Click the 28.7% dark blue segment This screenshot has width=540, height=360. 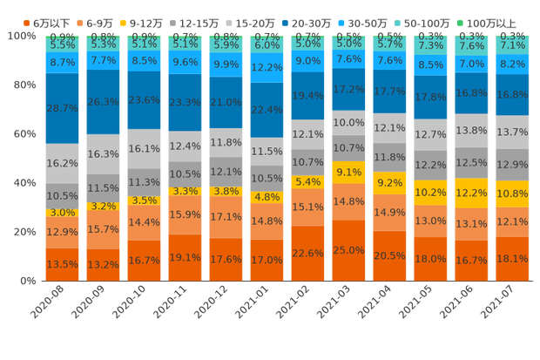click(x=62, y=106)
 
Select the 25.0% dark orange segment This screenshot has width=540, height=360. click(x=348, y=250)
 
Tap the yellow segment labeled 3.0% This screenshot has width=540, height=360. click(x=62, y=213)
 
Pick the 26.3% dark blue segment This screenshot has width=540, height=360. click(x=104, y=101)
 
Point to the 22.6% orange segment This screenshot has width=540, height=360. click(x=307, y=253)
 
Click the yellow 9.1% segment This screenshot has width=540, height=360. click(x=348, y=172)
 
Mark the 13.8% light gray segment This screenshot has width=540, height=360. click(x=471, y=130)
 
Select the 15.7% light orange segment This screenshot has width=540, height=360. click(x=104, y=230)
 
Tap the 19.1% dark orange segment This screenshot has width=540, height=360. click(x=185, y=258)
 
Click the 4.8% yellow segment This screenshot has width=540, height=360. click(x=267, y=197)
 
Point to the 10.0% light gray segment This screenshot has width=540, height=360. click(x=348, y=123)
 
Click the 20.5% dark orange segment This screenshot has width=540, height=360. click(x=389, y=255)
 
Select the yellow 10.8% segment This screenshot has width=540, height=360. click(x=512, y=194)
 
